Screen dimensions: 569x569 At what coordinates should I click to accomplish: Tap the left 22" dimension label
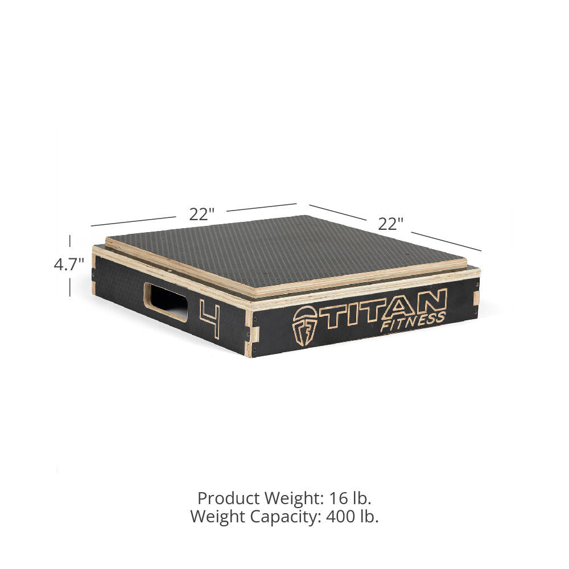click(201, 214)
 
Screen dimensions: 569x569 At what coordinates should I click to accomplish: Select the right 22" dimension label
click(390, 224)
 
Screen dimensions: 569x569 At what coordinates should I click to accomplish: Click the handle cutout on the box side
click(166, 302)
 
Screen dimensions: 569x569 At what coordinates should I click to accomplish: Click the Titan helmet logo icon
click(305, 325)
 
